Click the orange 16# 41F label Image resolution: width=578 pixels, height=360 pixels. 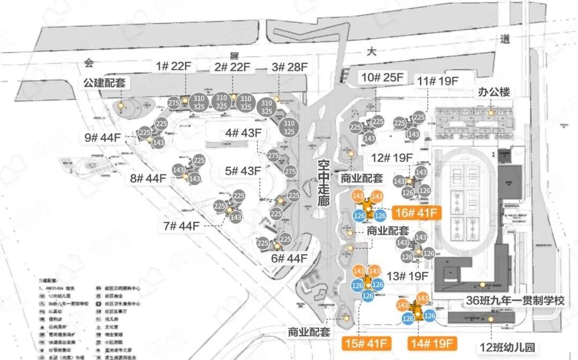(416, 212)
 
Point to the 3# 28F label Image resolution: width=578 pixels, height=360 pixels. (290, 67)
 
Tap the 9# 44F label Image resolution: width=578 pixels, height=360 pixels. (103, 137)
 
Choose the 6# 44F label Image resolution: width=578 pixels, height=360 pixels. (289, 259)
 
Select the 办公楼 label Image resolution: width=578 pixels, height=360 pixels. (493, 92)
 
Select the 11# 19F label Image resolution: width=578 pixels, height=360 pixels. (438, 81)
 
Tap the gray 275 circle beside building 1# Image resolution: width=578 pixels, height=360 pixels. (173, 103)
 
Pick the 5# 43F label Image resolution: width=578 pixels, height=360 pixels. (243, 171)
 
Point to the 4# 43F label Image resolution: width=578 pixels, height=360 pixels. (243, 133)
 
